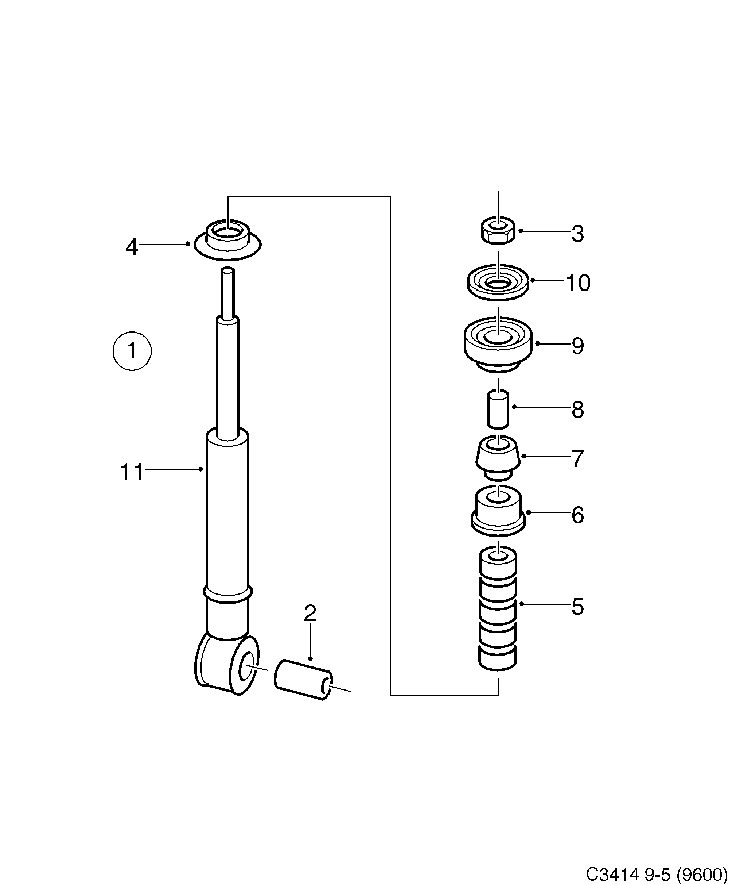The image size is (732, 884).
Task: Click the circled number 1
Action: (132, 351)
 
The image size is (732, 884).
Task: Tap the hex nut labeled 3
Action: (498, 231)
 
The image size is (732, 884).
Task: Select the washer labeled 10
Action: (498, 282)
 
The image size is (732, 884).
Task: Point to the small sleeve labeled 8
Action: (498, 409)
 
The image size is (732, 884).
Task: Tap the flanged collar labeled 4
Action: (227, 242)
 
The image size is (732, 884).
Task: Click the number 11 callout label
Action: (132, 472)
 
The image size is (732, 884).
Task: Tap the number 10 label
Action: (578, 283)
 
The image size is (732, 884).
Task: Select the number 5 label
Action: (578, 607)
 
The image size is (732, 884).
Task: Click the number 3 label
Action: (578, 234)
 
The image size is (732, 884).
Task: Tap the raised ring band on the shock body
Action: (227, 593)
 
